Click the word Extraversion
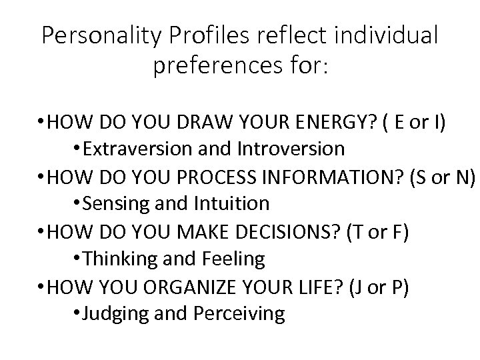click(x=133, y=148)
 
